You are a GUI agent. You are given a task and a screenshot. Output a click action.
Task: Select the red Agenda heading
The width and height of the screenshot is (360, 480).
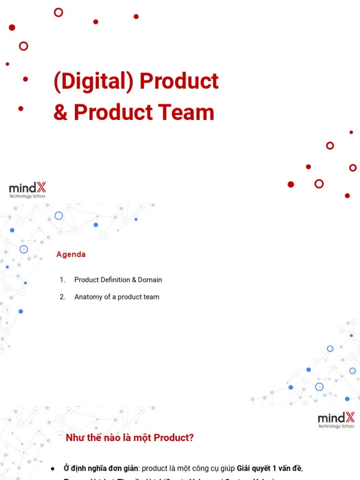tap(71, 255)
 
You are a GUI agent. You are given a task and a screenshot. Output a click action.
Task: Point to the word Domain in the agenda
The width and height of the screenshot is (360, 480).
tap(150, 280)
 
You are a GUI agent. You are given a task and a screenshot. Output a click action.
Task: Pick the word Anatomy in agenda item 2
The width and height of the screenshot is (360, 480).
tap(90, 297)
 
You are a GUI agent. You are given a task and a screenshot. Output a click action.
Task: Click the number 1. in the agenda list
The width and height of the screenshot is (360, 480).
tap(62, 280)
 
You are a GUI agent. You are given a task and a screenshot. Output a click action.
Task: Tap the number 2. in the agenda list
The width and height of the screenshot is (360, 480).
tap(62, 297)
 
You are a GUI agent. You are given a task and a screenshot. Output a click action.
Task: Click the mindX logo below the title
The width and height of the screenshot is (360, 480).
tap(28, 190)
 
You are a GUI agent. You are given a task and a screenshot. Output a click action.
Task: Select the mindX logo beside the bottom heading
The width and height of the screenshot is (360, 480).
tap(336, 420)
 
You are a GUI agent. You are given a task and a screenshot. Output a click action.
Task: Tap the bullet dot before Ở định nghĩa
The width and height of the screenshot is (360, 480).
tap(53, 469)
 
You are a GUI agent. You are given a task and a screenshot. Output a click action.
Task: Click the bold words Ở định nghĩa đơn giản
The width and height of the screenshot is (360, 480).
tap(101, 468)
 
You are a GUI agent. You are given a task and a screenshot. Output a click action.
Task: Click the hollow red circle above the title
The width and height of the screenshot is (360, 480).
tap(59, 13)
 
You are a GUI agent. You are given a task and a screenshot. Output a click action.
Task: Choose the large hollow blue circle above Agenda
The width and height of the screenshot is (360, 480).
tap(59, 216)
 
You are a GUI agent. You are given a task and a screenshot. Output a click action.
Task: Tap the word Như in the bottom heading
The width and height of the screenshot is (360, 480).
tap(74, 438)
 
